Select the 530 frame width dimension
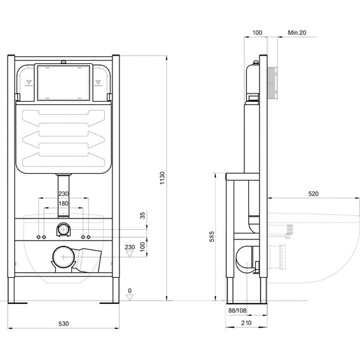[64, 323]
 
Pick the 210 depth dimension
[246, 323]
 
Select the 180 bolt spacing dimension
[64, 203]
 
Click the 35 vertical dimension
[143, 215]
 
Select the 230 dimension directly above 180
[64, 195]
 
